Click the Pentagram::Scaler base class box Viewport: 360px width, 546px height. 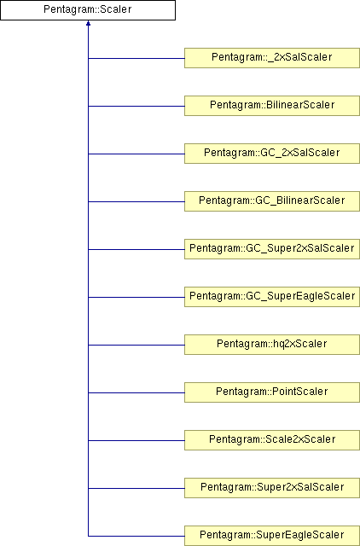pyautogui.click(x=88, y=10)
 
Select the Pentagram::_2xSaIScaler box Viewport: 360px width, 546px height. pyautogui.click(x=272, y=58)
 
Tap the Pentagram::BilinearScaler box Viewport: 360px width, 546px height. pyautogui.click(x=272, y=106)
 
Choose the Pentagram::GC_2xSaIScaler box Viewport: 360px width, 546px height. pyautogui.click(x=272, y=154)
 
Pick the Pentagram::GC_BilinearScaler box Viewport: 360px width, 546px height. pyautogui.click(x=272, y=201)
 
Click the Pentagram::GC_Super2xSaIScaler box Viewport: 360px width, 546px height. pyautogui.click(x=272, y=249)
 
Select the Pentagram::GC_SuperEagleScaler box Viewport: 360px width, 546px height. pyautogui.click(x=272, y=297)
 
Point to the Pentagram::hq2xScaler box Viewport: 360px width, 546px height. pyautogui.click(x=272, y=345)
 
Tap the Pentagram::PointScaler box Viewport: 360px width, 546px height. pyautogui.click(x=272, y=392)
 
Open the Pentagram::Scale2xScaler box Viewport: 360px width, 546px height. pyautogui.click(x=272, y=440)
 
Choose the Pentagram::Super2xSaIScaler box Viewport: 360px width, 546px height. pyautogui.click(x=272, y=488)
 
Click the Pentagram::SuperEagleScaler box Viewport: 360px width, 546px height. pyautogui.click(x=272, y=536)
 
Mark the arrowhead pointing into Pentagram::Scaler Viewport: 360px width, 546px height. pyautogui.click(x=88, y=23)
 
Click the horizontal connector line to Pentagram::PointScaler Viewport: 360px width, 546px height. pyautogui.click(x=136, y=392)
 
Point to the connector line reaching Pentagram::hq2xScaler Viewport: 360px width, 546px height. pyautogui.click(x=136, y=345)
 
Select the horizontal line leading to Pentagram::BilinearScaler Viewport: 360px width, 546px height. pyautogui.click(x=136, y=106)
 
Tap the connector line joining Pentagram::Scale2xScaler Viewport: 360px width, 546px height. pyautogui.click(x=136, y=440)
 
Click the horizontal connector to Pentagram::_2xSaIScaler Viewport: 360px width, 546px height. pyautogui.click(x=136, y=58)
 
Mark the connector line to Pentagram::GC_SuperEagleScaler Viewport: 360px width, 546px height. pyautogui.click(x=136, y=298)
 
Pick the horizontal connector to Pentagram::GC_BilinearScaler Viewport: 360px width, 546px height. pyautogui.click(x=136, y=201)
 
